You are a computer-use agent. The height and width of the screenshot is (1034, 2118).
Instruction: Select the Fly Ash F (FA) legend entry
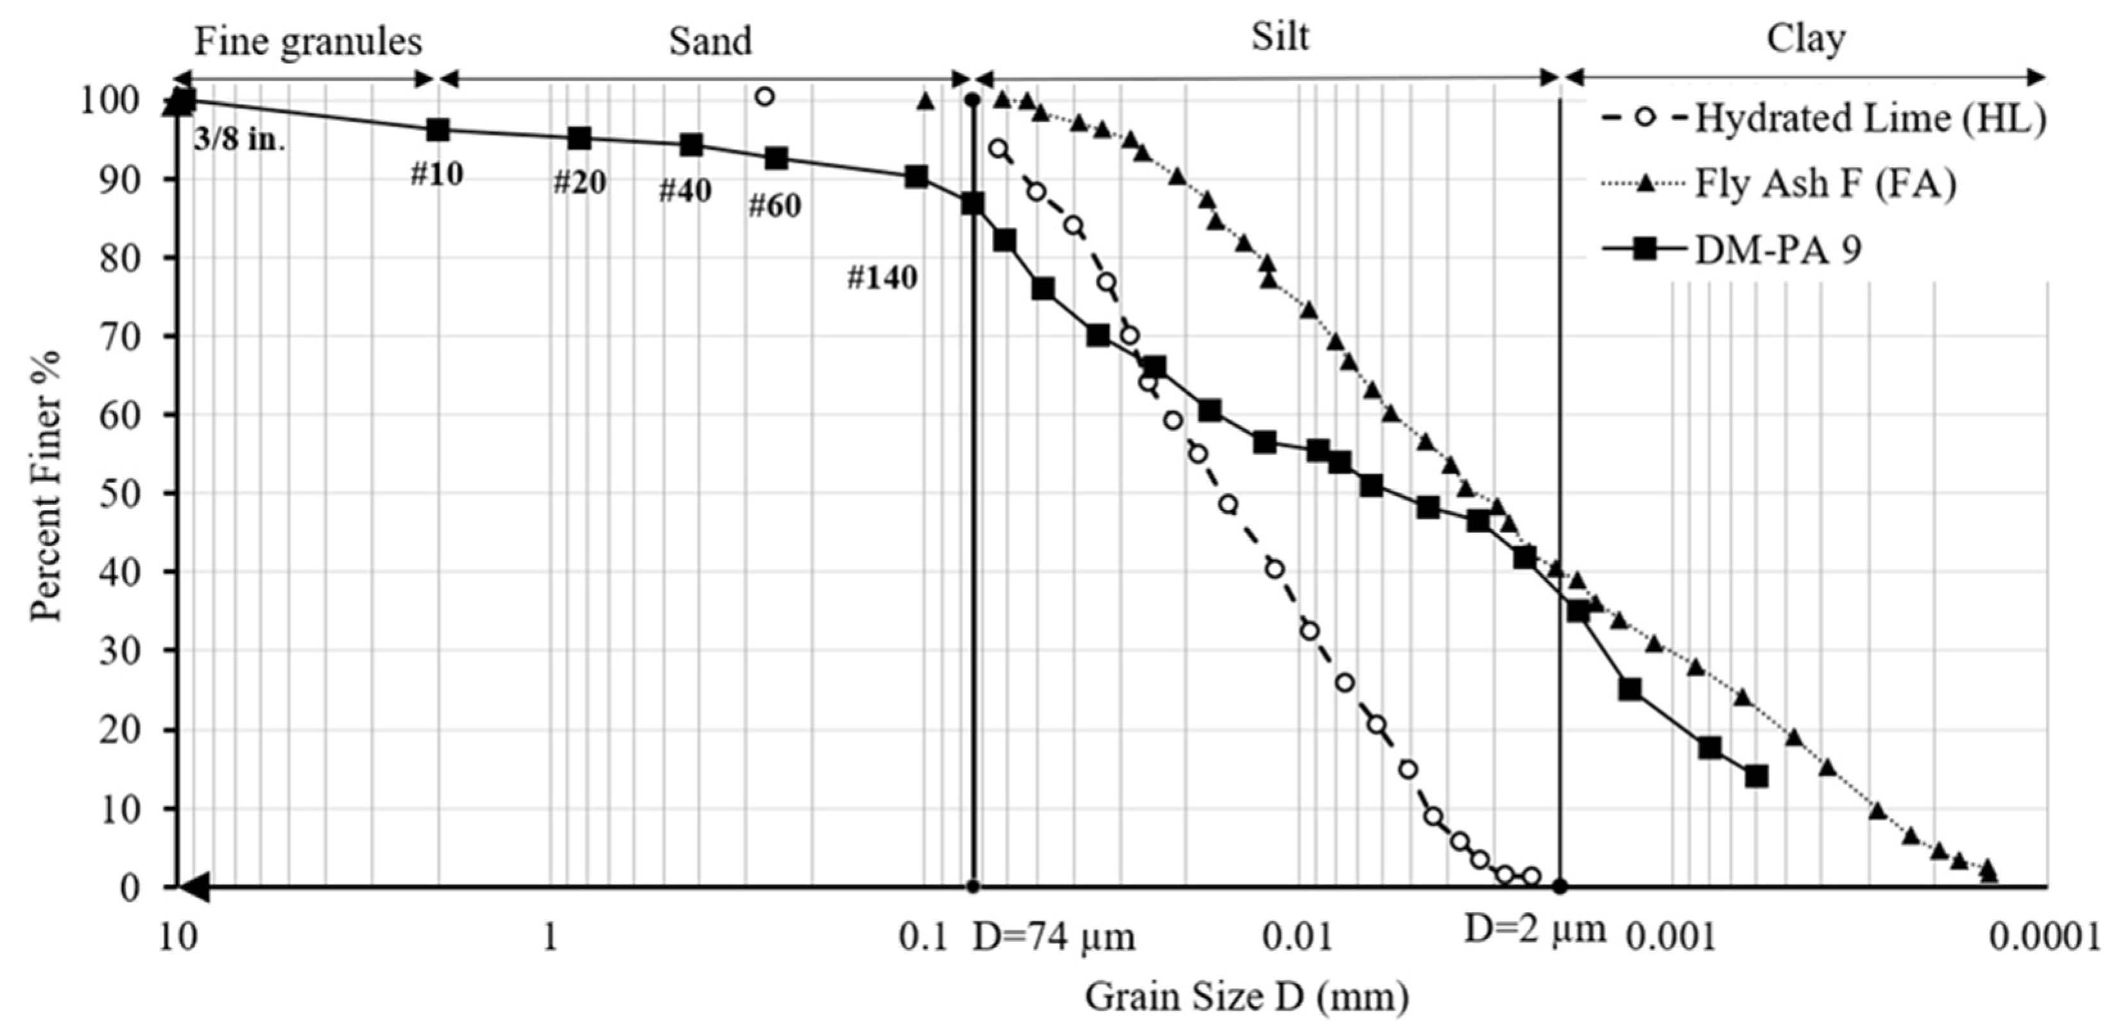1825,184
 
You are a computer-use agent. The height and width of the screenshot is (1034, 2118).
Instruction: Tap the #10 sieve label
436,174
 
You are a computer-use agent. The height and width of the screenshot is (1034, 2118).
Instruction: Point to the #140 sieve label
882,278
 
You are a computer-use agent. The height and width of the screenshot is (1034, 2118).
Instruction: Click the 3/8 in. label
239,140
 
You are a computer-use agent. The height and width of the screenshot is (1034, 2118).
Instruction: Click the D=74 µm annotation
1054,938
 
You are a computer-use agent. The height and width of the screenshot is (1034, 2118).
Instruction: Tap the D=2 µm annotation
1535,929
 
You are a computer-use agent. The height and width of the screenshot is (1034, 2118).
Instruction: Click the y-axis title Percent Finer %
46,486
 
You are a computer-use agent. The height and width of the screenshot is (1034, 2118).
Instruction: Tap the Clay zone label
1806,38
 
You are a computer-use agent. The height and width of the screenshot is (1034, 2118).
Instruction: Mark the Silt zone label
1279,37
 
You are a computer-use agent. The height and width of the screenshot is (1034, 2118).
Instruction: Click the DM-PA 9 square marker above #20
579,138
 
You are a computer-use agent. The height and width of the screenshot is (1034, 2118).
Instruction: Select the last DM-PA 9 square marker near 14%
1756,776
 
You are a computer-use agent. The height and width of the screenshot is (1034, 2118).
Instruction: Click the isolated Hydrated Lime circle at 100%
765,97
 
